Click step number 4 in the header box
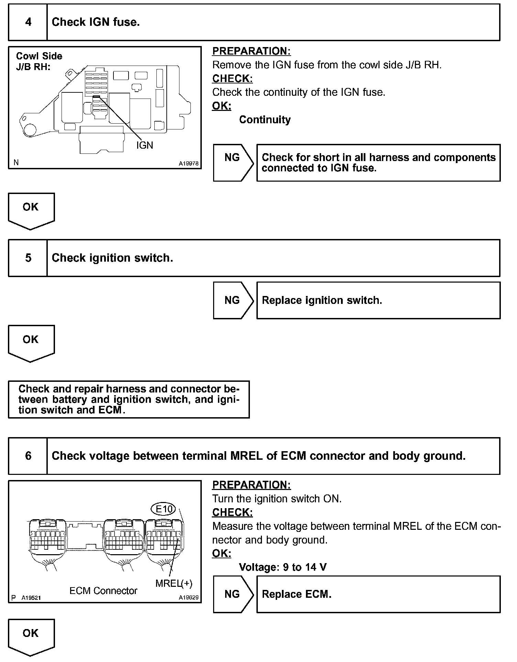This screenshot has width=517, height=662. (28, 22)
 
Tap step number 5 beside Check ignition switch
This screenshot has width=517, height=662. (28, 258)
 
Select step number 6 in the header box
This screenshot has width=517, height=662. (28, 456)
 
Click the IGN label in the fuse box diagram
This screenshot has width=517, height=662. (144, 145)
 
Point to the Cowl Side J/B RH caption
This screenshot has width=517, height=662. (39, 61)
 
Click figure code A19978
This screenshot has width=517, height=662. (188, 164)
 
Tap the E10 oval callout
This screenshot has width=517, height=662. (164, 509)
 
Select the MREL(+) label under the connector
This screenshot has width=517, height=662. (174, 583)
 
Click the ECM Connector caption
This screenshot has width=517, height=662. (103, 591)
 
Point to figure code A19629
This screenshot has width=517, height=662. (188, 597)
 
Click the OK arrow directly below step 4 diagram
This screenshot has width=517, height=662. (31, 209)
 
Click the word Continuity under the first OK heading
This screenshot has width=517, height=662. (265, 119)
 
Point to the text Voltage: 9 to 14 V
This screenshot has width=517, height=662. (283, 567)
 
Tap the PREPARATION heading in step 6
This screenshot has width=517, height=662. (251, 485)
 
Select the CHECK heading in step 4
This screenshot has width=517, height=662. (232, 79)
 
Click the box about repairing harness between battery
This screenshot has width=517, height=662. (129, 399)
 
